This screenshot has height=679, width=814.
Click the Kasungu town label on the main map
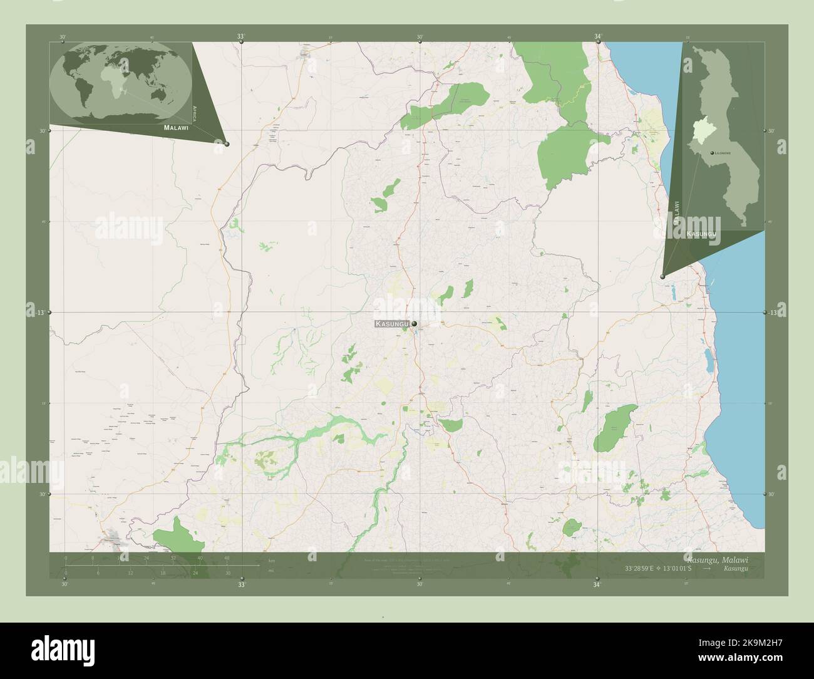point(393,324)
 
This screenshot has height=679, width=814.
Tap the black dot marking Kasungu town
point(414,324)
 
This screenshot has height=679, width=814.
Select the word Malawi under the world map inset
point(175,127)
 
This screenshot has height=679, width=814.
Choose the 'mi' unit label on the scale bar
point(270,571)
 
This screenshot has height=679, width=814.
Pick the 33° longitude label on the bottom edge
point(241,584)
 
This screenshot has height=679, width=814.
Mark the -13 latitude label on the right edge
point(773,312)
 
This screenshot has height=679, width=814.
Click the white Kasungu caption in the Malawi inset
point(701,234)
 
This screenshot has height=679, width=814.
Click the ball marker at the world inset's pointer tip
point(227,144)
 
